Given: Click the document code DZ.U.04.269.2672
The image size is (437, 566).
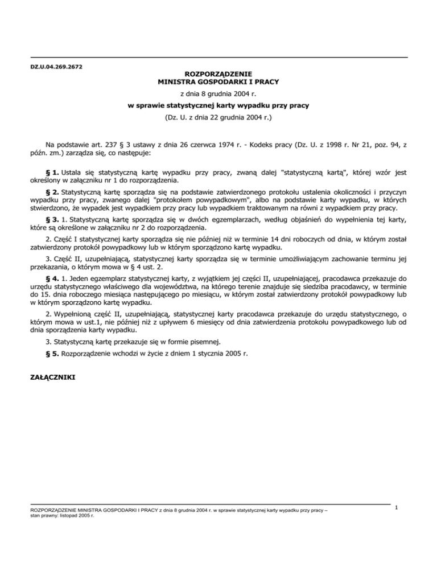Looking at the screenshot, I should pos(56,67).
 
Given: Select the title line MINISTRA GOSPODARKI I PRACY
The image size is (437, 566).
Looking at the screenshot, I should pos(218,82).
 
